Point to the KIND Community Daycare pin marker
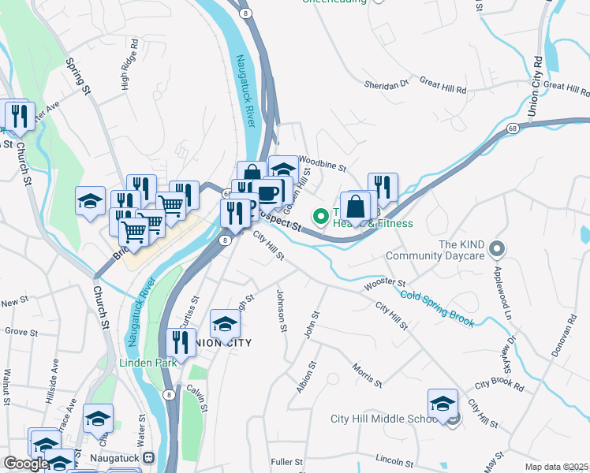click(496, 249)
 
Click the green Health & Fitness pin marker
click(320, 214)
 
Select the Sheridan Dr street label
click(386, 84)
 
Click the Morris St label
click(368, 374)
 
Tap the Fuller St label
click(287, 461)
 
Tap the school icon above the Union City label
click(225, 324)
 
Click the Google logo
click(26, 464)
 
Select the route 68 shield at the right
click(513, 128)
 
